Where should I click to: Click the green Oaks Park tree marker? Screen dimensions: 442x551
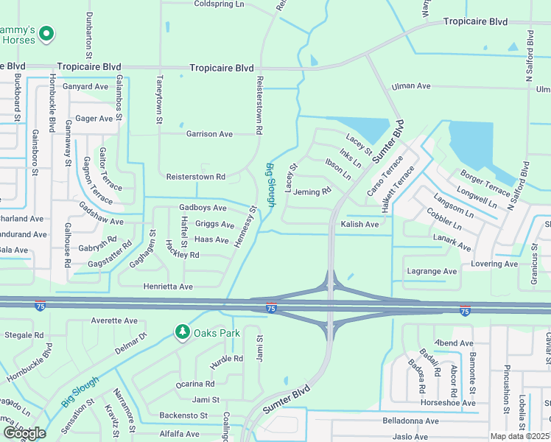[182, 333]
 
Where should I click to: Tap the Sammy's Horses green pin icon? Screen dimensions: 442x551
[46, 33]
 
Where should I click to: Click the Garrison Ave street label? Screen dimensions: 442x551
[209, 134]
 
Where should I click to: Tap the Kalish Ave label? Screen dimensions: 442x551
[359, 224]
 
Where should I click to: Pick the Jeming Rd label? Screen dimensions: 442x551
[312, 192]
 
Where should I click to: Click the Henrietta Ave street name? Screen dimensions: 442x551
[169, 286]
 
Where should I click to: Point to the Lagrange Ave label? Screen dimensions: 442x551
[432, 271]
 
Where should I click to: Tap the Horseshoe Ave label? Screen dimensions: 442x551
[447, 403]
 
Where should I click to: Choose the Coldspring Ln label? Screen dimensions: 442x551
[219, 4]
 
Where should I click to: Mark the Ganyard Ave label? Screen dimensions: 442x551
[85, 86]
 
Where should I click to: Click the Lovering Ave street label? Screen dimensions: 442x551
[495, 264]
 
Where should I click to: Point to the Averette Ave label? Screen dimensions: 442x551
[114, 321]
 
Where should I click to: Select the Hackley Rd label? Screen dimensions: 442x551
[183, 255]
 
